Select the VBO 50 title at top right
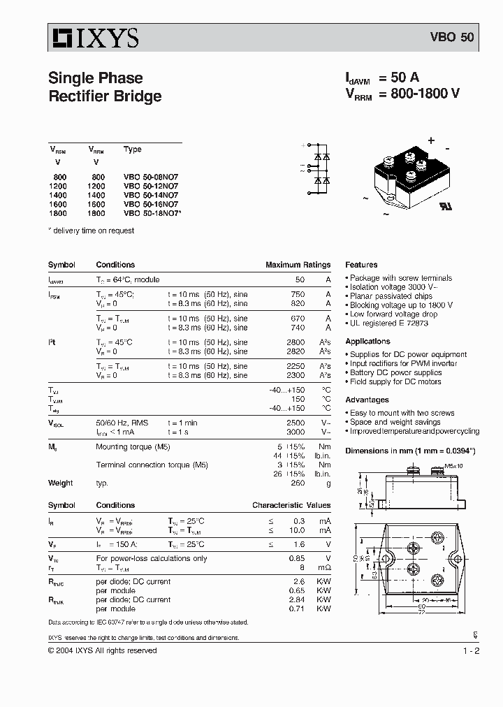coord(451,38)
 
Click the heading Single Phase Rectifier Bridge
coord(105,87)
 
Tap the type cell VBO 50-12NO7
coord(151,187)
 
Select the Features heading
coord(361,265)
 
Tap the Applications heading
coord(367,342)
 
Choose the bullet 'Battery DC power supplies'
coord(395,373)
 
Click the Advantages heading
coord(367,400)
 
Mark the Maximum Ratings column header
coord(298,265)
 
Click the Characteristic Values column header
coord(291,505)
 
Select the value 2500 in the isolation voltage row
coord(296,423)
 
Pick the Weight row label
coord(60,483)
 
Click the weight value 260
coord(298,483)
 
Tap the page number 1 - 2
coord(471,651)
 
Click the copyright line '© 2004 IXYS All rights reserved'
coord(102,651)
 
